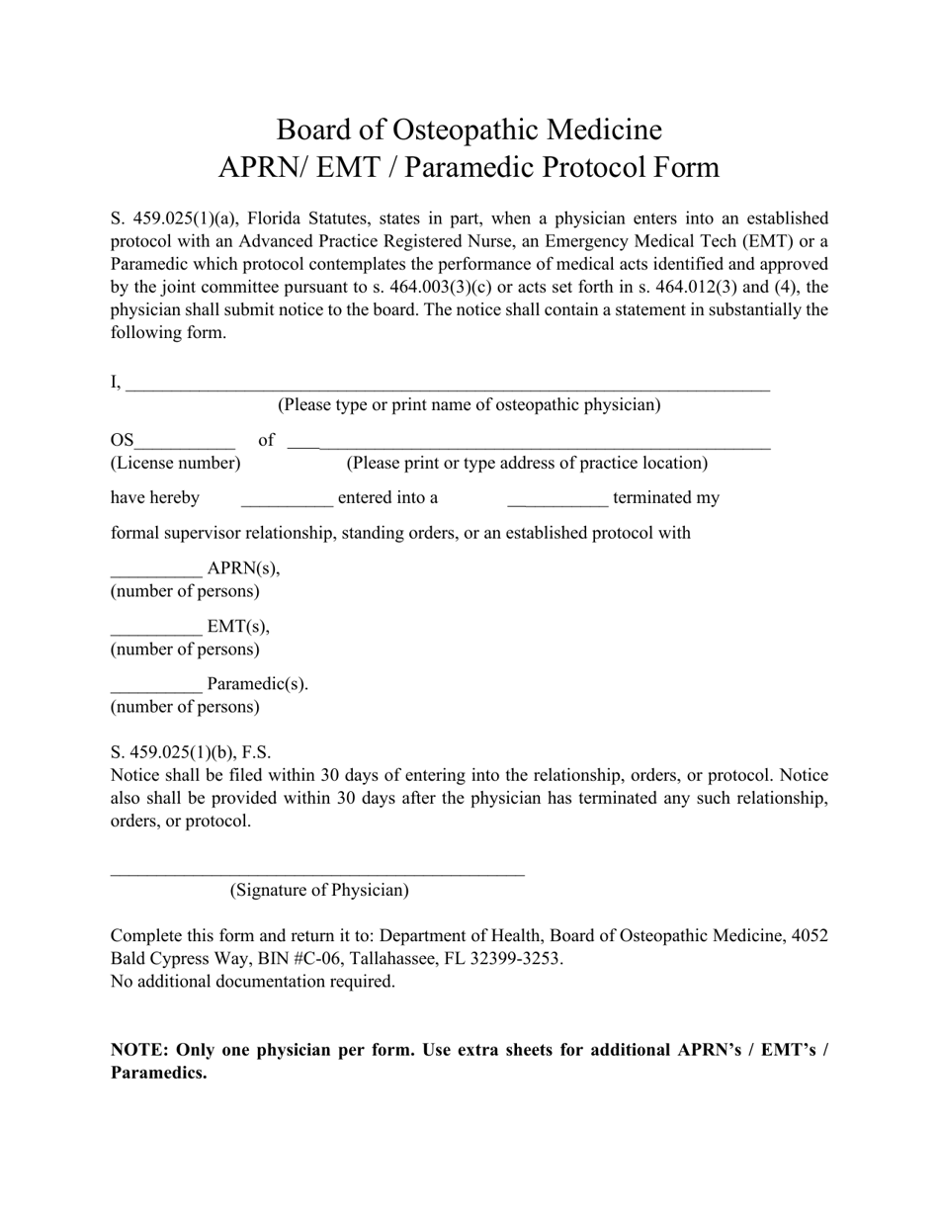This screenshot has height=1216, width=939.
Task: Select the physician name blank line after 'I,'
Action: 447,387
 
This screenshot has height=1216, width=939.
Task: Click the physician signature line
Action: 317,871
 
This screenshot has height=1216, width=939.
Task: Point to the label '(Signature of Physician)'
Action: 319,890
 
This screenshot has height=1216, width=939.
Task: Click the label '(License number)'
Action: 175,463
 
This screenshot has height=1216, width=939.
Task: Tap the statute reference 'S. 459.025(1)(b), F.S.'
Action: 191,751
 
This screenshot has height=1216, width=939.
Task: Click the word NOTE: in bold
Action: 139,1050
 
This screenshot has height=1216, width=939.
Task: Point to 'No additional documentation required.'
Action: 252,981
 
